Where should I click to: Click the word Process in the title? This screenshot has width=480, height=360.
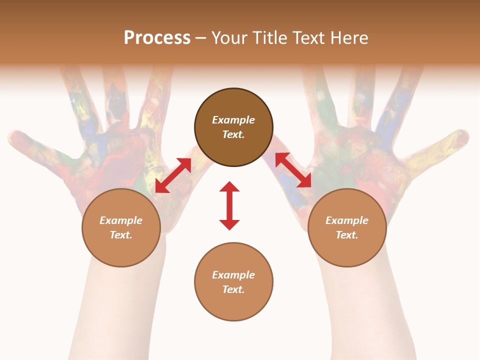pyautogui.click(x=157, y=38)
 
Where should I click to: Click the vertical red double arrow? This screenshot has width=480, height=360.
pyautogui.click(x=229, y=205)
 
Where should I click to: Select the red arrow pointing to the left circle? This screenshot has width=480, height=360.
pyautogui.click(x=173, y=175)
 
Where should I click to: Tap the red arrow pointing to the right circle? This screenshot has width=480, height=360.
pyautogui.click(x=293, y=170)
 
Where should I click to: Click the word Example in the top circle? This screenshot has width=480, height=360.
pyautogui.click(x=233, y=120)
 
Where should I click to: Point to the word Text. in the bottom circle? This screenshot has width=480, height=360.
pyautogui.click(x=233, y=289)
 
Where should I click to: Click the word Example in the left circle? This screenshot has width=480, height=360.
pyautogui.click(x=121, y=220)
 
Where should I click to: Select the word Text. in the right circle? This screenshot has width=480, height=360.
pyautogui.click(x=347, y=235)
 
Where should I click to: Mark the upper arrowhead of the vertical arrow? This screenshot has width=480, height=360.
pyautogui.click(x=229, y=187)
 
